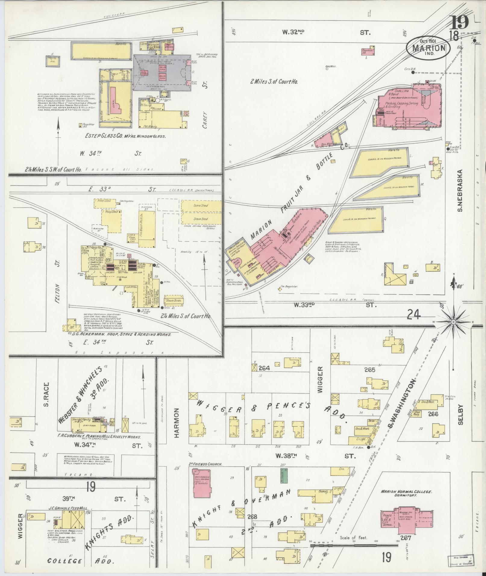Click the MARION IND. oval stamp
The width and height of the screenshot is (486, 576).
[x=428, y=47]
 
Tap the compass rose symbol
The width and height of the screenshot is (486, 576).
[x=453, y=322]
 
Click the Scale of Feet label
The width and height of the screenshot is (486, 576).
[x=353, y=537]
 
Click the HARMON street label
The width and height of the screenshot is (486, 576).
[x=177, y=423]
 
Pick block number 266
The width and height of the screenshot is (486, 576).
[x=434, y=414]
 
